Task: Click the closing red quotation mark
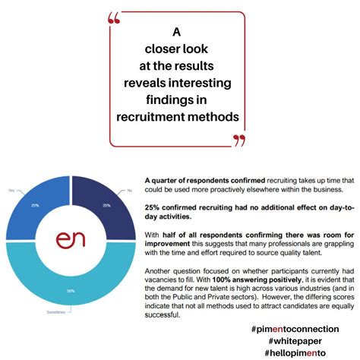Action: pyautogui.click(x=239, y=140)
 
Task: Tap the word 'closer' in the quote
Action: pyautogui.click(x=151, y=49)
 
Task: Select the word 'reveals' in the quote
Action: pyautogui.click(x=148, y=83)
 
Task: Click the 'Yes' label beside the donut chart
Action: pyautogui.click(x=11, y=190)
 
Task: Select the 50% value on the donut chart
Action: pyautogui.click(x=71, y=292)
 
